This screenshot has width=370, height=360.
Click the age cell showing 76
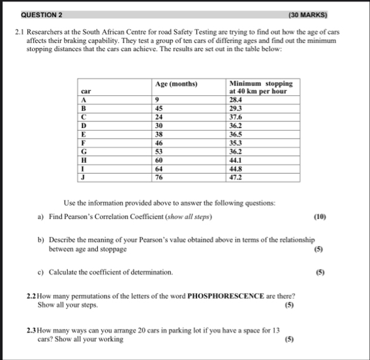pos(159,176)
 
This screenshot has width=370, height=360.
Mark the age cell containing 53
pos(159,151)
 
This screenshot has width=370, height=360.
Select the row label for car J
pos(82,176)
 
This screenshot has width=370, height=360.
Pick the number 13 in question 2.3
pos(276,331)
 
